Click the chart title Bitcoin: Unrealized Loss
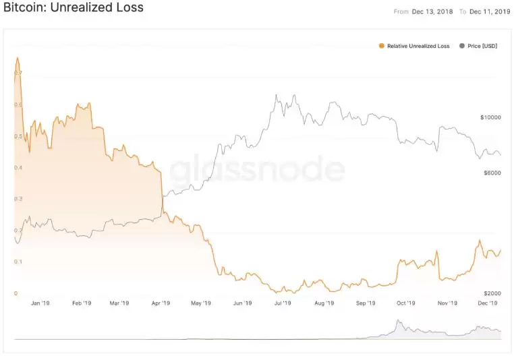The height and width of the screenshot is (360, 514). (x=74, y=8)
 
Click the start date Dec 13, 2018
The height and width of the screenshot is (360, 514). (x=432, y=11)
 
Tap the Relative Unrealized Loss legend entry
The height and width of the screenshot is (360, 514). (x=418, y=46)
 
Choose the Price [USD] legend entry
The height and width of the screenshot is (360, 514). (x=482, y=46)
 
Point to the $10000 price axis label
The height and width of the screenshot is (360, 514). (x=490, y=117)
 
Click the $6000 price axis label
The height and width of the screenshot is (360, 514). (x=490, y=173)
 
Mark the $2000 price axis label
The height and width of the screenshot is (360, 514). (x=490, y=294)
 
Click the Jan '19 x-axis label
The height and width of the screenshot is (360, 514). (x=40, y=303)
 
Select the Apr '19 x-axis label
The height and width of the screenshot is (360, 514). (x=161, y=303)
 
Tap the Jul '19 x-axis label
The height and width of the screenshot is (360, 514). (x=283, y=303)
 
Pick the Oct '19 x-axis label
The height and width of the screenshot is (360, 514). (x=406, y=303)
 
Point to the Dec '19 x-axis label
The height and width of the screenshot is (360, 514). (x=488, y=303)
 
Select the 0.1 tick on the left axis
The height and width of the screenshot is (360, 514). (x=18, y=262)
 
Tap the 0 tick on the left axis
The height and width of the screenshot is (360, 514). (x=16, y=293)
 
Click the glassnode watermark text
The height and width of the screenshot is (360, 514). (x=257, y=171)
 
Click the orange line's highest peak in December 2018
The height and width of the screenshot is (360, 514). (x=18, y=58)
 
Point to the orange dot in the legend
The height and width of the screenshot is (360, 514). (x=382, y=46)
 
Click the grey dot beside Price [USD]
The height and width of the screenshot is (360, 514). (x=462, y=46)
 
